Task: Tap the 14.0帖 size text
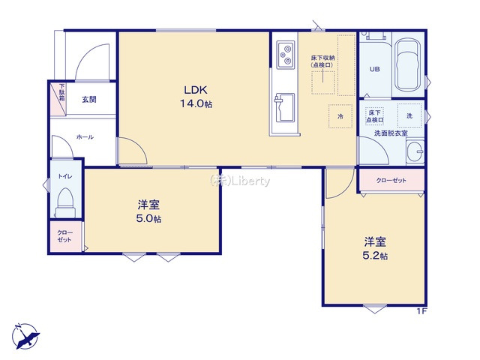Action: pyautogui.click(x=195, y=104)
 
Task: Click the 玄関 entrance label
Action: pyautogui.click(x=88, y=100)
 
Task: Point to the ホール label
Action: pyautogui.click(x=84, y=138)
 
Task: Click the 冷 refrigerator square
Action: pyautogui.click(x=340, y=116)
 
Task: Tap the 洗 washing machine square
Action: pyautogui.click(x=409, y=115)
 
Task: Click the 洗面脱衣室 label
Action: pyautogui.click(x=391, y=133)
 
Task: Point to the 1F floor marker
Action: pyautogui.click(x=421, y=311)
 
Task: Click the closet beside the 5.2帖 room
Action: pyautogui.click(x=390, y=180)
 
